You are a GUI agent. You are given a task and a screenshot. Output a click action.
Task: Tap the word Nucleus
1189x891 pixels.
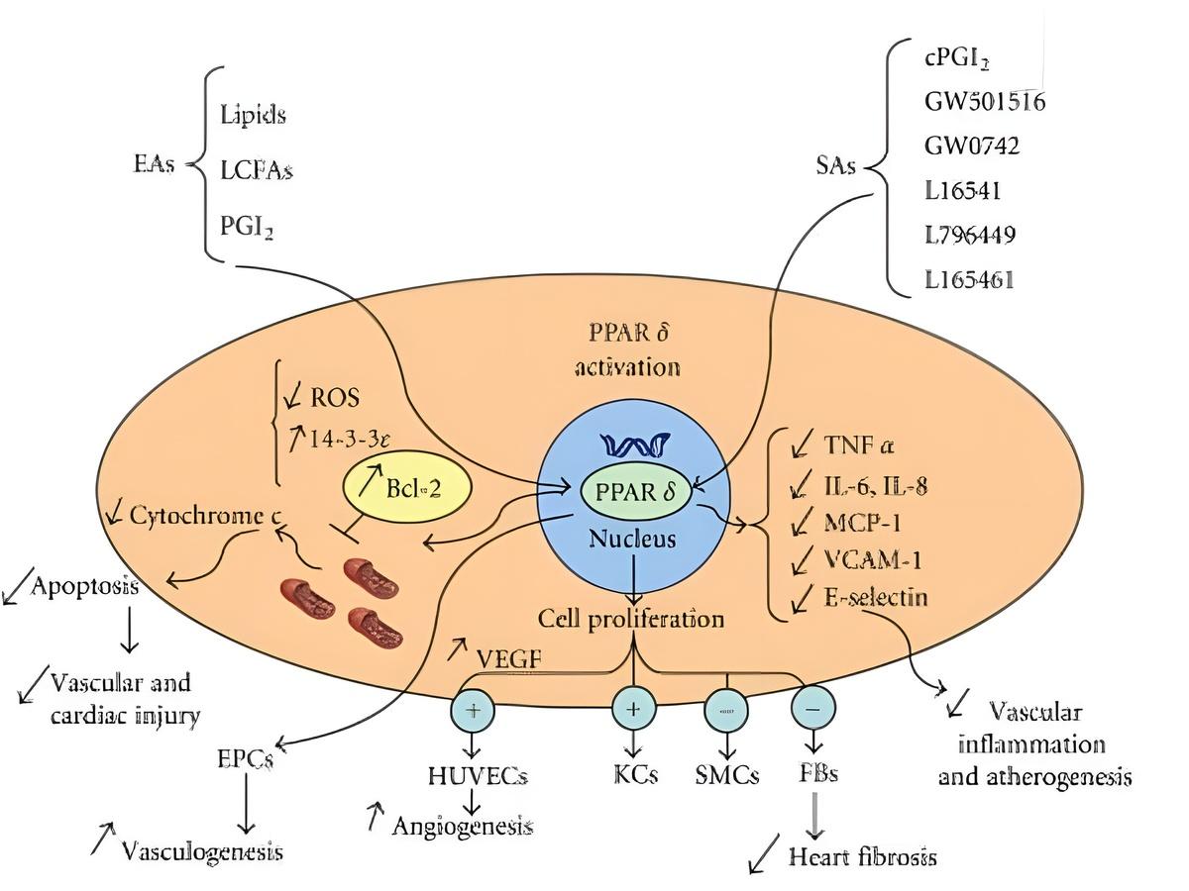click(x=632, y=540)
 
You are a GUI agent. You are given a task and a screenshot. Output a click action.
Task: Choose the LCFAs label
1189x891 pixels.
click(x=257, y=169)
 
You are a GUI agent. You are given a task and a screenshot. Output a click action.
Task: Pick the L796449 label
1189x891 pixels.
click(x=970, y=235)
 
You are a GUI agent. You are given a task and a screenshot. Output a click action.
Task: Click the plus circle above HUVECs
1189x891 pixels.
click(x=472, y=709)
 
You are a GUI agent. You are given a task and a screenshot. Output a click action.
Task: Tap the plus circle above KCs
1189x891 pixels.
click(x=634, y=709)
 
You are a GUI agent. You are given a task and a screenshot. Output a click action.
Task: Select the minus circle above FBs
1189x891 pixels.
click(x=813, y=709)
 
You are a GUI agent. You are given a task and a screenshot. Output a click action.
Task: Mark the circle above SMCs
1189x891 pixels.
click(x=727, y=709)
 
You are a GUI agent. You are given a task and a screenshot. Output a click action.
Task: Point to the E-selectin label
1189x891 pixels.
click(x=876, y=597)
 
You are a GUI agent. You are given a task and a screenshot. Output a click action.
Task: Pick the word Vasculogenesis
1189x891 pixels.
click(x=201, y=850)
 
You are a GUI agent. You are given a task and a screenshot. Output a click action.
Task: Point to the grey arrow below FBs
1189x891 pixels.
click(x=813, y=812)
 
